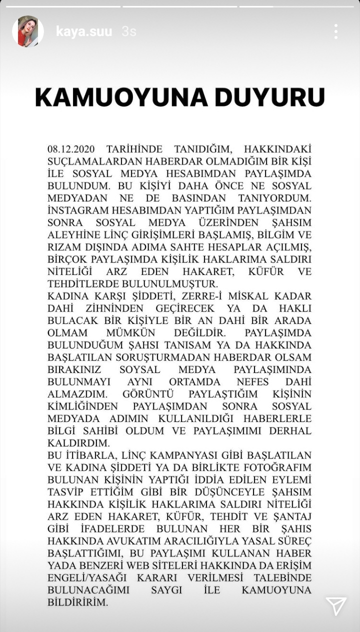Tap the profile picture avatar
click(x=28, y=31)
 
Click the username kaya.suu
click(x=84, y=31)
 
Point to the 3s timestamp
click(x=129, y=31)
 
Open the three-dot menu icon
click(x=336, y=31)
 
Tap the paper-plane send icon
click(x=336, y=606)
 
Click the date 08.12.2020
click(x=70, y=149)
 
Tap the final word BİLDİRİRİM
click(x=77, y=602)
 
